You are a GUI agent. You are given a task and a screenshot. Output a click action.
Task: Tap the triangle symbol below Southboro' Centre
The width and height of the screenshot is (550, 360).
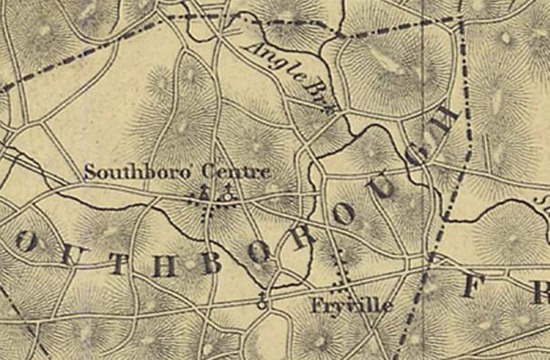coord(204,195)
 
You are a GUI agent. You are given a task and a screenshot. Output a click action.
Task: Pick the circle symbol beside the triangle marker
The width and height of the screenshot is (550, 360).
coord(227,196)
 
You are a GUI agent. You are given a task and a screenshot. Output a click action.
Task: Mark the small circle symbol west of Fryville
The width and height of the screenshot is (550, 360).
coord(262,304)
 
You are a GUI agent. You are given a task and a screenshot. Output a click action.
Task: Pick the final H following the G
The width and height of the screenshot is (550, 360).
coord(447,120)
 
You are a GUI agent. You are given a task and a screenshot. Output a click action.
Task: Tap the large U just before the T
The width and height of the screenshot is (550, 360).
coord(67,253)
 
